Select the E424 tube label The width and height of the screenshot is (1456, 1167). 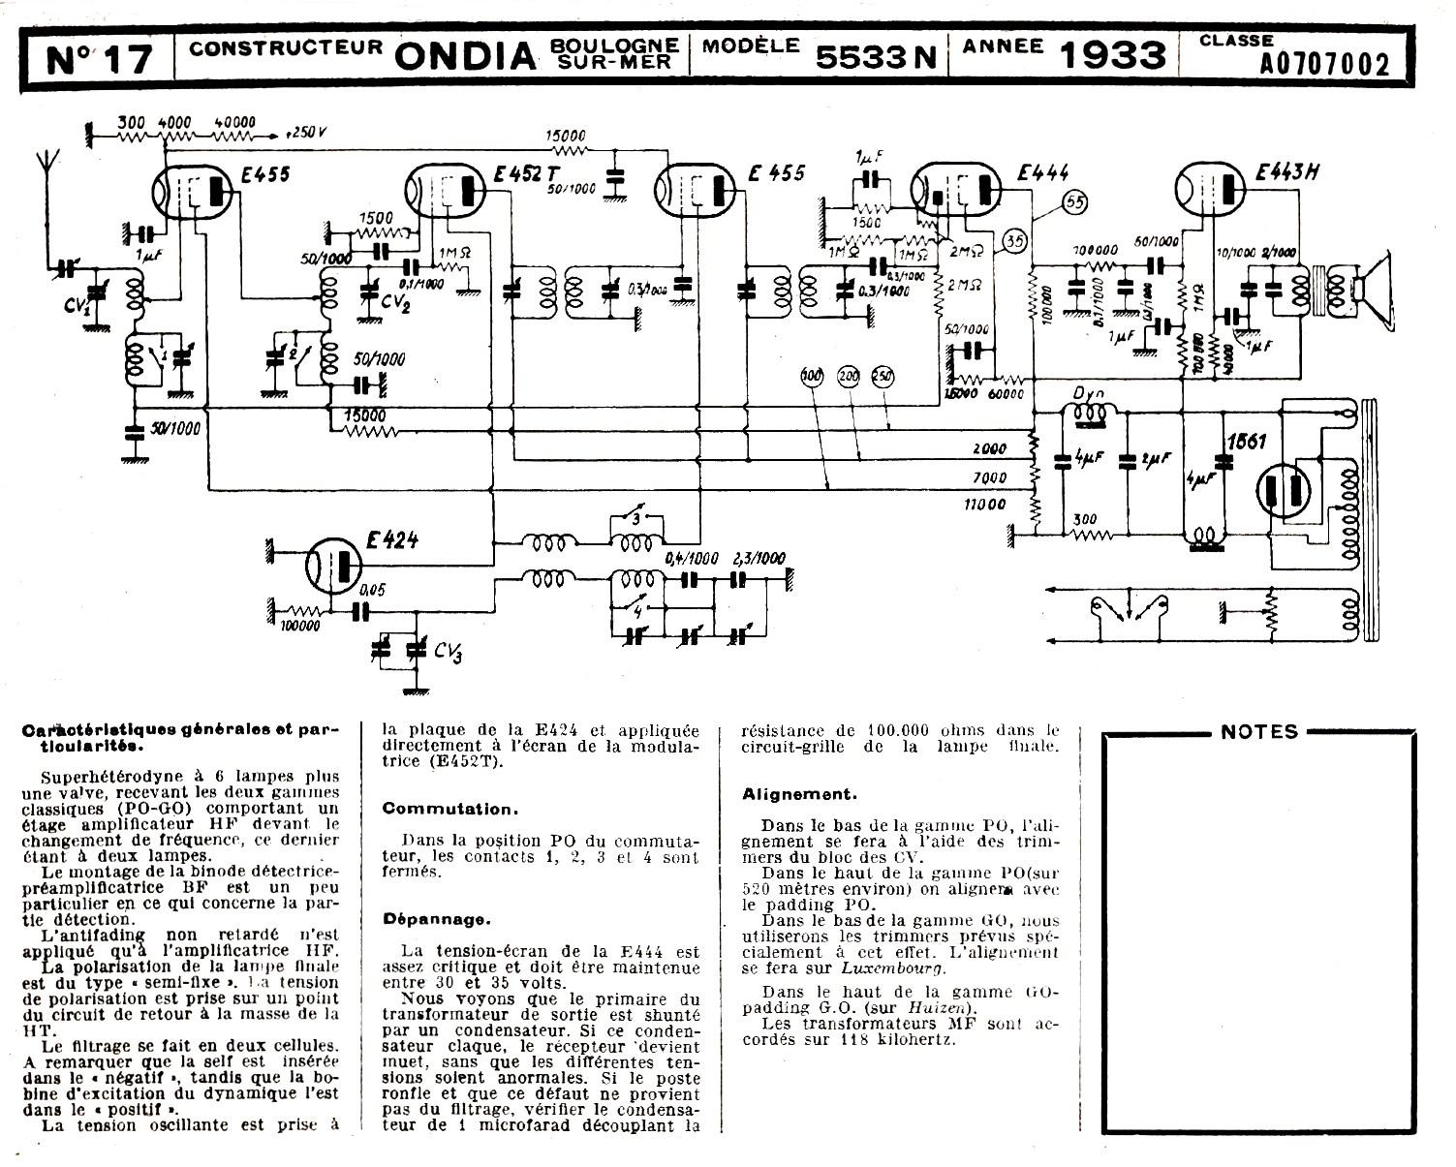tap(391, 540)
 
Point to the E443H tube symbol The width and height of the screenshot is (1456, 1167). tap(1210, 190)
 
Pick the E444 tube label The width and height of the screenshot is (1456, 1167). tap(1043, 173)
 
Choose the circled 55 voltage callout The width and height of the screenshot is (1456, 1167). tap(1074, 202)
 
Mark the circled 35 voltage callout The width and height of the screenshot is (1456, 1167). tap(1013, 241)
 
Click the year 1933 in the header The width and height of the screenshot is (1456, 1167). tap(1112, 56)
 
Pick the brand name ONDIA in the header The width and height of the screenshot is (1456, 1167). tap(465, 57)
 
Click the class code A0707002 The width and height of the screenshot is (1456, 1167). tap(1324, 65)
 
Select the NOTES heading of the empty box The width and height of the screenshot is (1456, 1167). tap(1258, 732)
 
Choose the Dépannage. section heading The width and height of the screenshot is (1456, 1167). tap(436, 918)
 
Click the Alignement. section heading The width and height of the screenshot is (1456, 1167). tap(799, 794)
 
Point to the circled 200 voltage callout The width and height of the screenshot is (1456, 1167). tap(849, 376)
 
